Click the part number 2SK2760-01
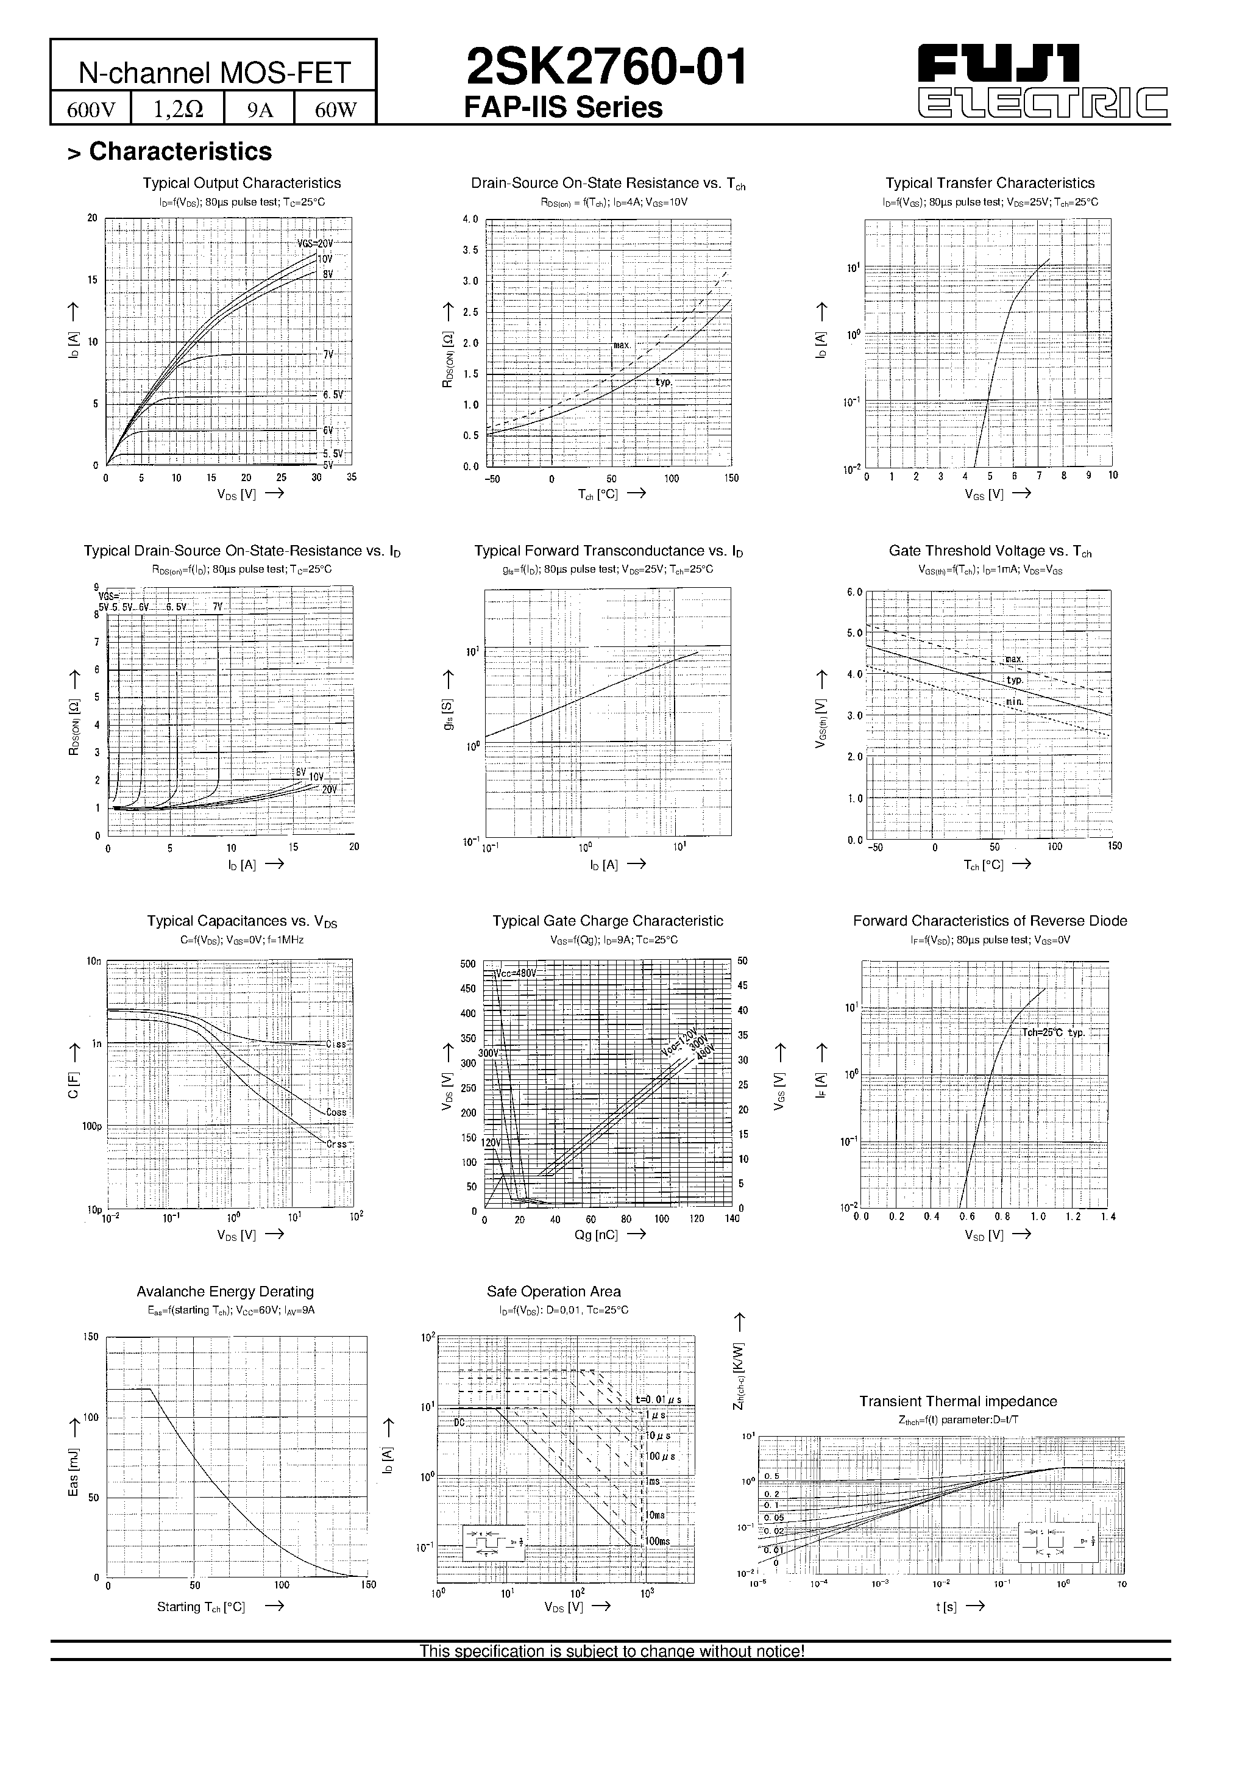606,68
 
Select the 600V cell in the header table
91,110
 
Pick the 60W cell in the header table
335,110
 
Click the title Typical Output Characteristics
241,184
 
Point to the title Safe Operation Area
553,1292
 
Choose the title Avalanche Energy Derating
225,1292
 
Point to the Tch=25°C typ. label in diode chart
1052,1033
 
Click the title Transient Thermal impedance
958,1402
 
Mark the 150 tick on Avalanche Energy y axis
91,1337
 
